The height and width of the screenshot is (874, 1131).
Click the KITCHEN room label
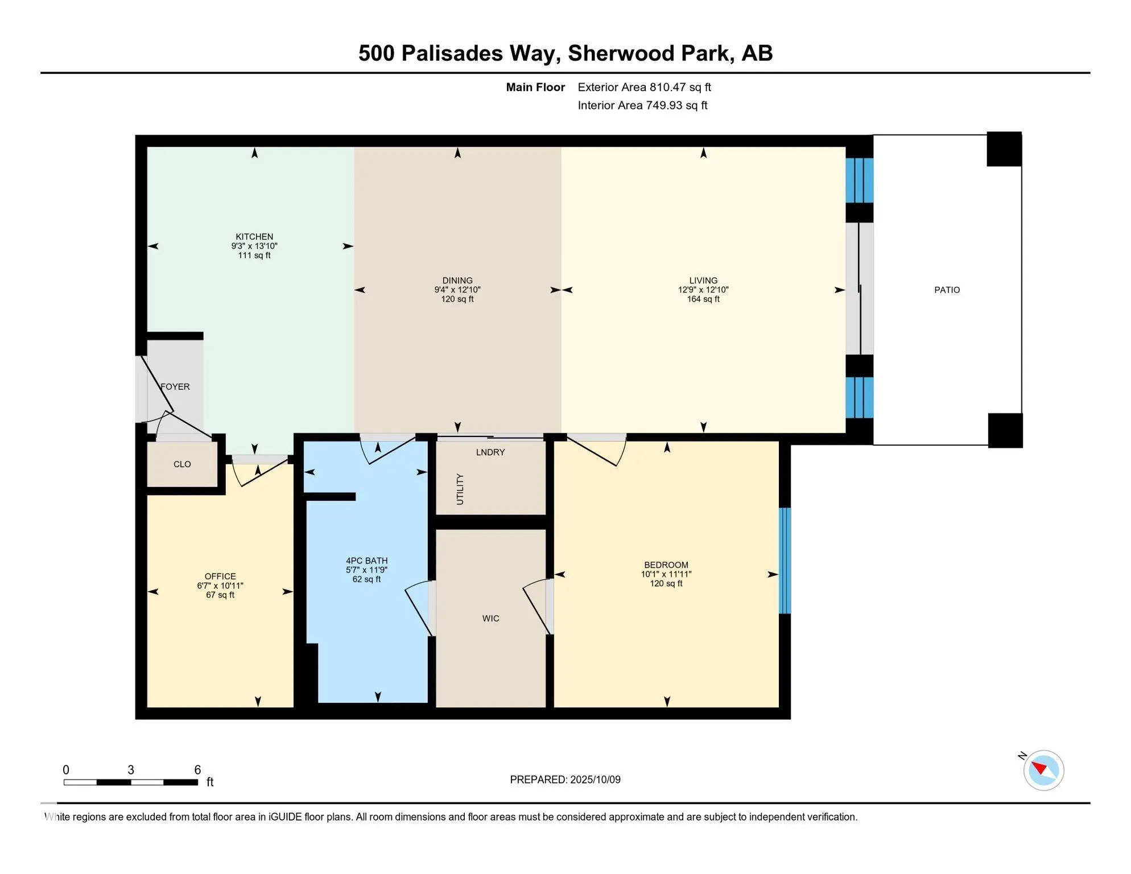pos(254,237)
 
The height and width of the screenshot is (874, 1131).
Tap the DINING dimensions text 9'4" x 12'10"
pos(457,290)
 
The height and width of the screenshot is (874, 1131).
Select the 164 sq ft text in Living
pos(703,299)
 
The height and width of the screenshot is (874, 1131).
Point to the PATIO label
pos(947,290)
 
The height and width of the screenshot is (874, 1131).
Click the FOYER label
pos(175,387)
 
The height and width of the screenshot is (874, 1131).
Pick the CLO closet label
pos(182,464)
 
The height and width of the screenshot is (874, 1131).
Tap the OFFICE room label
pos(220,576)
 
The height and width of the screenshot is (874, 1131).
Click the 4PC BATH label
pos(366,561)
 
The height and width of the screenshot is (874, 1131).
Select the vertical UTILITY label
pos(460,489)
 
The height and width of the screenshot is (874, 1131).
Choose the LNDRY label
pos(490,452)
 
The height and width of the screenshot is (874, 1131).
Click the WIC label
pos(490,619)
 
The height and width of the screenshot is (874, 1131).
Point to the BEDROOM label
pos(666,565)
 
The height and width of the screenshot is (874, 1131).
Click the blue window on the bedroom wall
pos(785,560)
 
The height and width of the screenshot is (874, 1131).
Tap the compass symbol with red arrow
pos(1043,770)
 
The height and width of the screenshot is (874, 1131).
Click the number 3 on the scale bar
pos(131,770)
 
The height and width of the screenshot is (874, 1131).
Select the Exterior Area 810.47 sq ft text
pos(644,87)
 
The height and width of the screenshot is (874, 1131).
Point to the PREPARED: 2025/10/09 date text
pos(565,780)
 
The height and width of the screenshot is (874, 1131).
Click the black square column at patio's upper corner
pos(1004,149)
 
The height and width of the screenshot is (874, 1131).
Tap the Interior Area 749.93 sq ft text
pos(642,105)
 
